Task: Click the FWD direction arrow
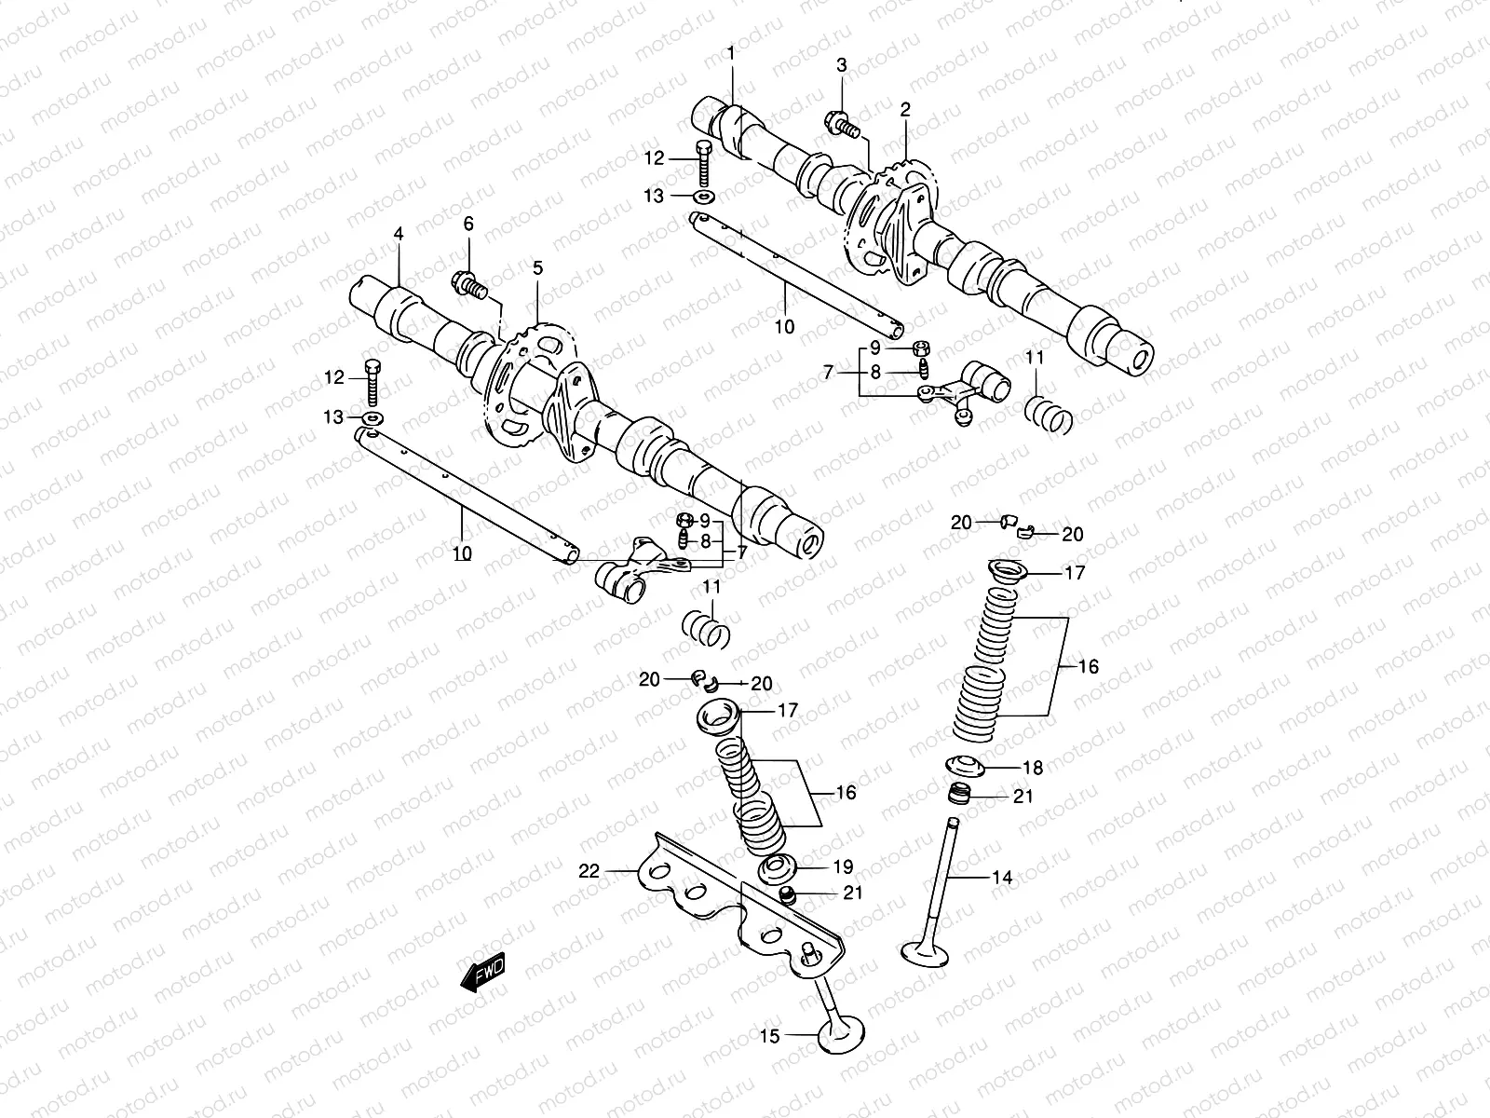481,975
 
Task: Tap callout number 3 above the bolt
841,65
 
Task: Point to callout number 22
589,871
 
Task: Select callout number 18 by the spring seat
1033,769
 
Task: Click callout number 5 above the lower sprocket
537,268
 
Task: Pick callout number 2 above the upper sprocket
904,109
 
